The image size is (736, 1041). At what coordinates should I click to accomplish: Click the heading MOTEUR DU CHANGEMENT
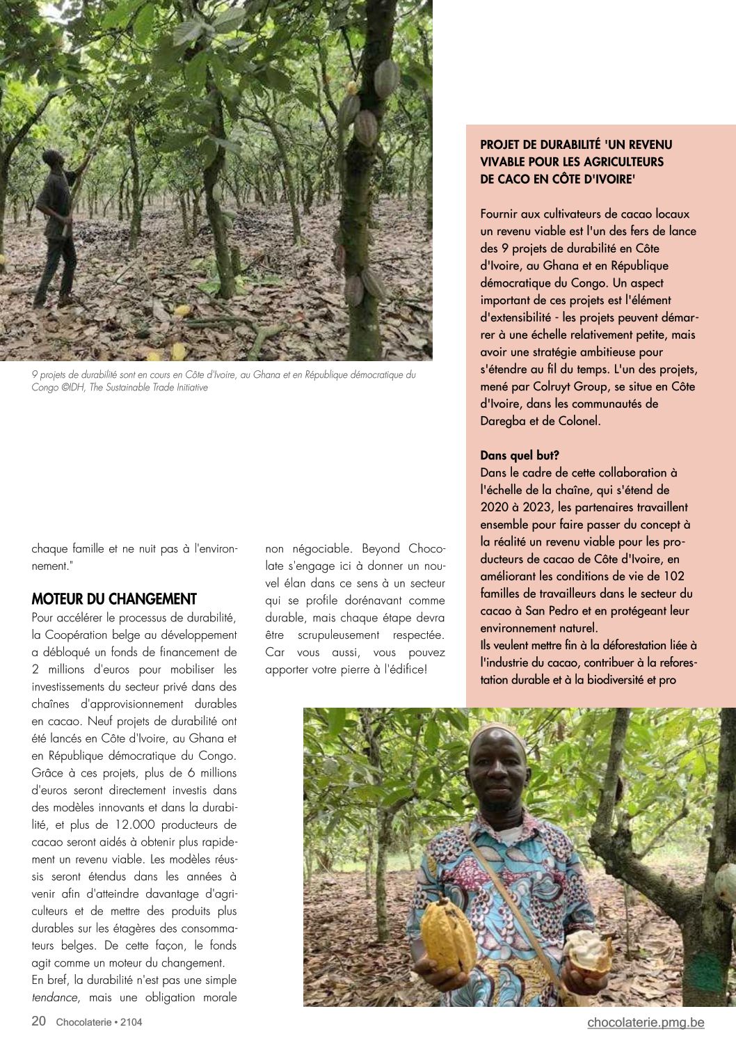pyautogui.click(x=114, y=599)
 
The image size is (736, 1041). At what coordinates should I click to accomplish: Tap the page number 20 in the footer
pyautogui.click(x=39, y=1022)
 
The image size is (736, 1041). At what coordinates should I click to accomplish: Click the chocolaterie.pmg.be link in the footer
pyautogui.click(x=646, y=1022)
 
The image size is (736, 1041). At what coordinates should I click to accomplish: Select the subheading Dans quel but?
pyautogui.click(x=520, y=456)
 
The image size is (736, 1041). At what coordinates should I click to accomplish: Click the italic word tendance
pyautogui.click(x=56, y=997)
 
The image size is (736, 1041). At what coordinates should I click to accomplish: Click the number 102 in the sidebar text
pyautogui.click(x=673, y=576)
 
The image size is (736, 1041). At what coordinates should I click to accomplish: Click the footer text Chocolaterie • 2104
pyautogui.click(x=99, y=1022)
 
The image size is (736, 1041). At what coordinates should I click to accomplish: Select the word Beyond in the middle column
pyautogui.click(x=381, y=549)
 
